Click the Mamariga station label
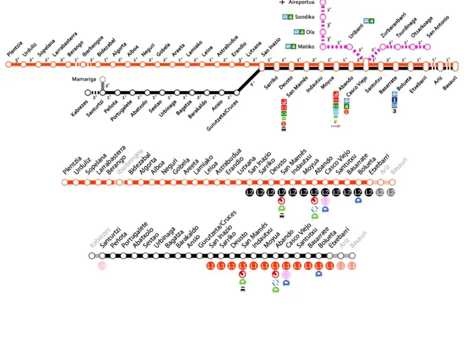83,79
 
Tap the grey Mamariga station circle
103,79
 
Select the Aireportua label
302,2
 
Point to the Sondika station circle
323,17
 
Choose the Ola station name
310,32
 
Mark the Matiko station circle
323,46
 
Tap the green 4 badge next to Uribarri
371,21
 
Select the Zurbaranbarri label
394,34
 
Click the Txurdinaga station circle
398,47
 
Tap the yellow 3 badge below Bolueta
395,111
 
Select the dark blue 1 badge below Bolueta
395,100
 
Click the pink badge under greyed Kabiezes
102,266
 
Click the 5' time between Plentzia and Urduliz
17,59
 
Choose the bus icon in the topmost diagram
283,128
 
